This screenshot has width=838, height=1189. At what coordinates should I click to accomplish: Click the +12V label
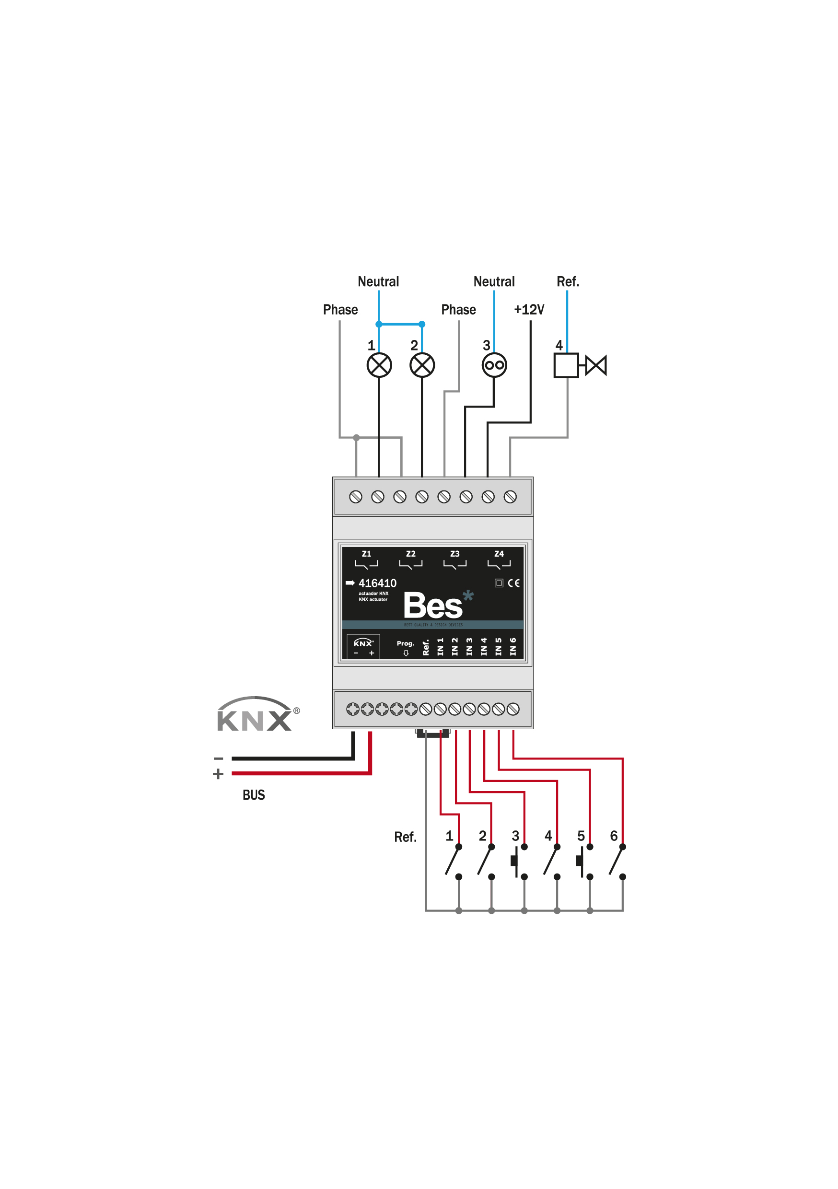pos(529,310)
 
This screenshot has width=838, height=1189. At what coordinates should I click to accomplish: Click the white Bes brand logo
pos(432,606)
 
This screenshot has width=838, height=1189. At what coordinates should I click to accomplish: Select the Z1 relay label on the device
pos(366,554)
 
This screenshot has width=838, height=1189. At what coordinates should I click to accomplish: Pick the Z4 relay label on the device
pos(499,554)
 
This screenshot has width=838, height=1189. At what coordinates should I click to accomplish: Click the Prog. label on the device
pos(405,643)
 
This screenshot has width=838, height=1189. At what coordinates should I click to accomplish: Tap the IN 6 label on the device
pos(513,647)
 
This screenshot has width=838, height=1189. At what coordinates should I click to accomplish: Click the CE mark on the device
pos(513,583)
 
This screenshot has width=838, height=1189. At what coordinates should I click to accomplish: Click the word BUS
pos(253,795)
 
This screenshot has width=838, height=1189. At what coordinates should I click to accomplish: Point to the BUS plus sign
pos(218,774)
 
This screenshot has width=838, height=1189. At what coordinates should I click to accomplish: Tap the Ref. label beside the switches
pos(405,838)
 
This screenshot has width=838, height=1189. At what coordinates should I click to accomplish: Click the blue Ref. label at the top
pos(568,282)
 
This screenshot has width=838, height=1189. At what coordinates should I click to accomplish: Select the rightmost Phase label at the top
pos(458,310)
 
